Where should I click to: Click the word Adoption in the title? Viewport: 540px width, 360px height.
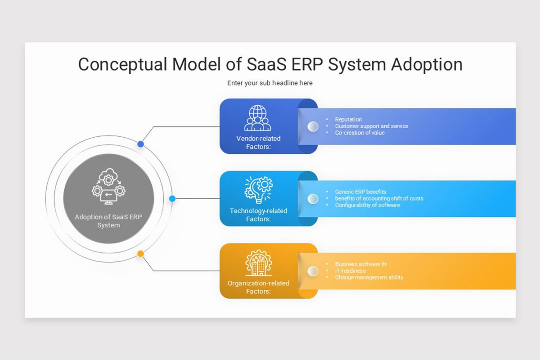coord(426,64)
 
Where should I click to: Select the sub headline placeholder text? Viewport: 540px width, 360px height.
coord(270,83)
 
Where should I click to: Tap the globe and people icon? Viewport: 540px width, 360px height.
coord(258,118)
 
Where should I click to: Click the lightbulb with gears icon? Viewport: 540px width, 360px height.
coord(258,189)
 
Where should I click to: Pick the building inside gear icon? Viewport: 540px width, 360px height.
coord(258,263)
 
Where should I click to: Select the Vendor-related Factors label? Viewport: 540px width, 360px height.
coord(258,143)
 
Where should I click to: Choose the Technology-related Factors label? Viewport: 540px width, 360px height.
coord(258,215)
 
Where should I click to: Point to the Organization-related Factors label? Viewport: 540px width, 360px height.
coord(258,287)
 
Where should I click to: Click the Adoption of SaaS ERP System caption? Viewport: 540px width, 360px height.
coord(108,221)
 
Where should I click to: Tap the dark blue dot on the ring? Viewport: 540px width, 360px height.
coord(141,144)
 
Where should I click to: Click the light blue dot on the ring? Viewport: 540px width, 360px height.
coord(172,198)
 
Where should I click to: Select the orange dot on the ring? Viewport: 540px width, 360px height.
coord(141,254)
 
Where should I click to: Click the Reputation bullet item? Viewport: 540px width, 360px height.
coord(348,120)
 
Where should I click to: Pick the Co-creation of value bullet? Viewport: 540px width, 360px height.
coord(360,133)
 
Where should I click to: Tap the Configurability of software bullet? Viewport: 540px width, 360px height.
coord(367,205)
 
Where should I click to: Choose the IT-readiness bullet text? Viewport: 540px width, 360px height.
coord(350,271)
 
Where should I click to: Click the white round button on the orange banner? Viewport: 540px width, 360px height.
coord(313,271)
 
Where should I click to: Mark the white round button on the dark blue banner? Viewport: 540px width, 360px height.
coord(313,126)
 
